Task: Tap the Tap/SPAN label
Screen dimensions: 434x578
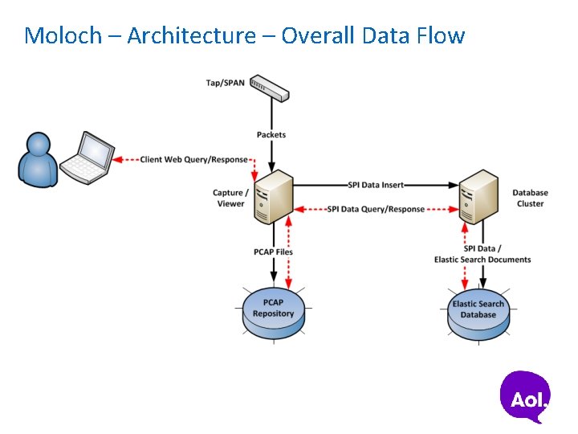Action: (226, 83)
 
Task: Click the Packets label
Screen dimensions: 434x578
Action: (271, 135)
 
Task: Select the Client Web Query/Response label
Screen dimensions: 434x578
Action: (193, 160)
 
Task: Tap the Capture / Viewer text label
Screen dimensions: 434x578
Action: (229, 199)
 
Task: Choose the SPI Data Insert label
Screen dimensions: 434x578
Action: (376, 185)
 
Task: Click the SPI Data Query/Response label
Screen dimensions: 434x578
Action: (376, 209)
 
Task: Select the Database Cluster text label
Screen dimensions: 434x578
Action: (530, 199)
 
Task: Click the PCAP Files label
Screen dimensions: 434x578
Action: (273, 252)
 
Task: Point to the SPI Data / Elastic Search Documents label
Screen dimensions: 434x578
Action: (482, 254)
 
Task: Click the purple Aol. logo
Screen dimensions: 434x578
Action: (526, 396)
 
